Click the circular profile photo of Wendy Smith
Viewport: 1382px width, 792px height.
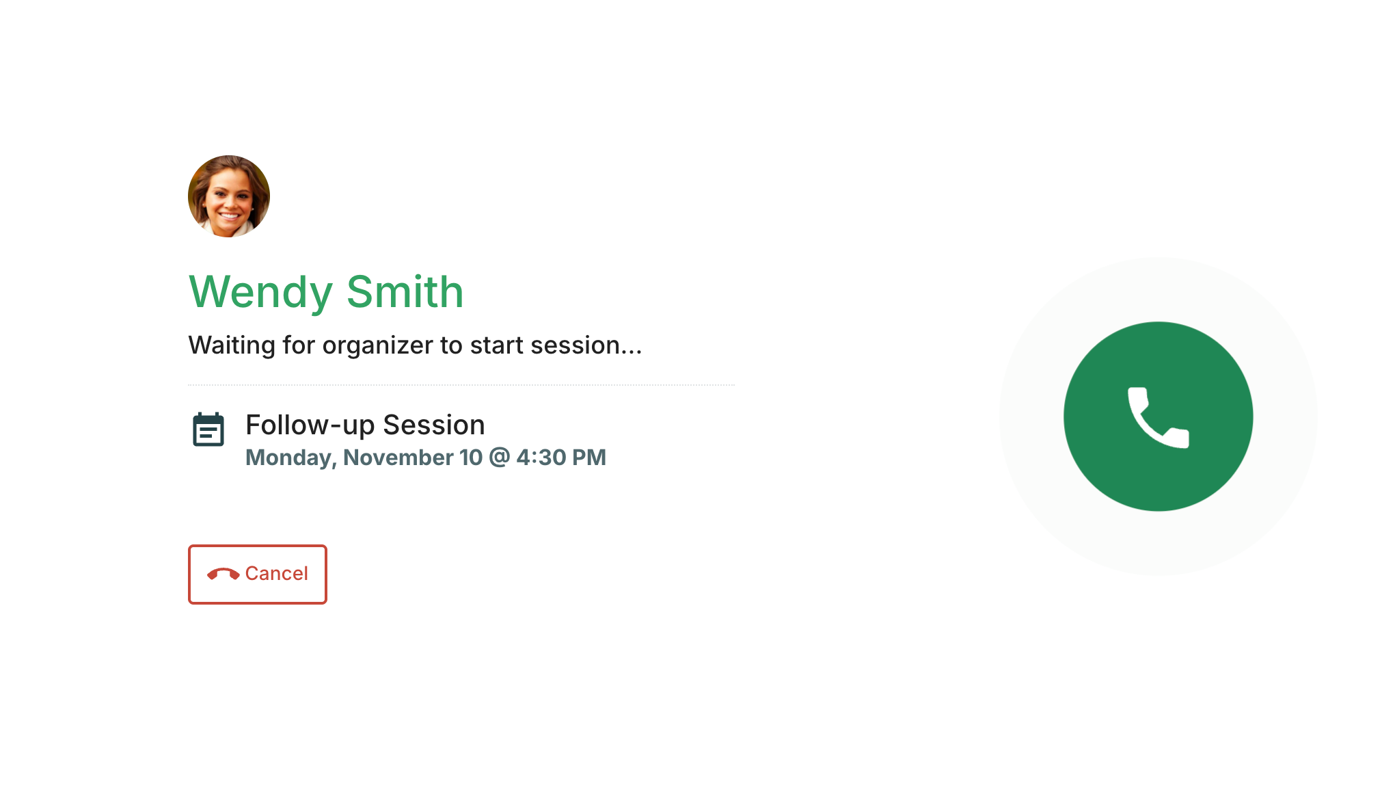tap(229, 196)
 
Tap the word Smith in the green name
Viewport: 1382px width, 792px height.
tap(405, 291)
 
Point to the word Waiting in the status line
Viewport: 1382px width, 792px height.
tap(232, 346)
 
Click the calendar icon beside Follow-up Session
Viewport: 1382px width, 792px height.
tap(208, 430)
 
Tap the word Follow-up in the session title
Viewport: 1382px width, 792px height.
tap(310, 426)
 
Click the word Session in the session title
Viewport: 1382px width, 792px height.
tap(434, 425)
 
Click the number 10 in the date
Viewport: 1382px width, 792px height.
tap(471, 457)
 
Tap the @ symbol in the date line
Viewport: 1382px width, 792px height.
tap(500, 457)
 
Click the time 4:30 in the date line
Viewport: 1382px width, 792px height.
tap(541, 457)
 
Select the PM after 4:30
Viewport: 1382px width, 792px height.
tap(589, 457)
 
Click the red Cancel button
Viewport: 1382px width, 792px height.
tap(258, 575)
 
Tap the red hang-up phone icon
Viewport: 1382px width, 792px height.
tap(223, 574)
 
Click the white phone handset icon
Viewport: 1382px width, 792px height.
tap(1158, 417)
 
